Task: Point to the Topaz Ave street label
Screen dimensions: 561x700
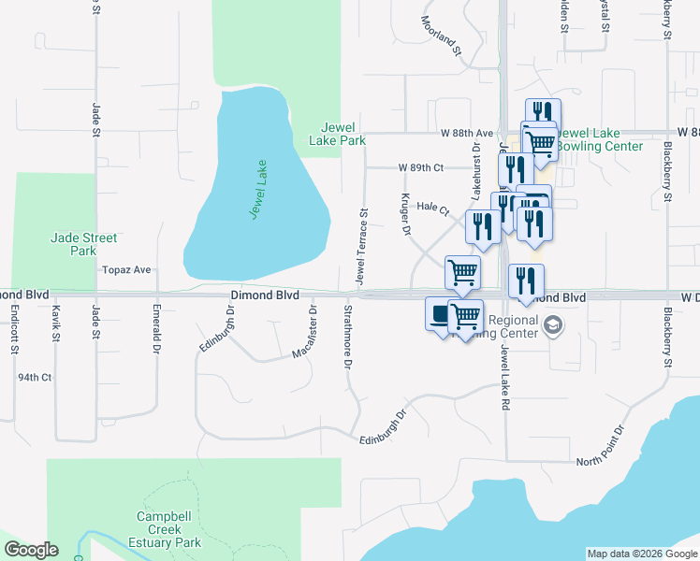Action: (x=128, y=269)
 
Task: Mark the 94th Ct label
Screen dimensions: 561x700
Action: (x=35, y=377)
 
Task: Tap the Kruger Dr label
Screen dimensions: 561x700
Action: (x=407, y=214)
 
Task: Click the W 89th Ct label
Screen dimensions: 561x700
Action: (x=419, y=167)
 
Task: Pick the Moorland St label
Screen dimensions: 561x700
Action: (x=441, y=36)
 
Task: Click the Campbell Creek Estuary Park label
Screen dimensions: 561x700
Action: (x=169, y=529)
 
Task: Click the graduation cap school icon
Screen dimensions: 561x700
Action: (x=553, y=325)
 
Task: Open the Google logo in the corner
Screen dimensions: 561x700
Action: (x=31, y=550)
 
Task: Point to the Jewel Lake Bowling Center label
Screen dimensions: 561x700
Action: (x=599, y=139)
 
